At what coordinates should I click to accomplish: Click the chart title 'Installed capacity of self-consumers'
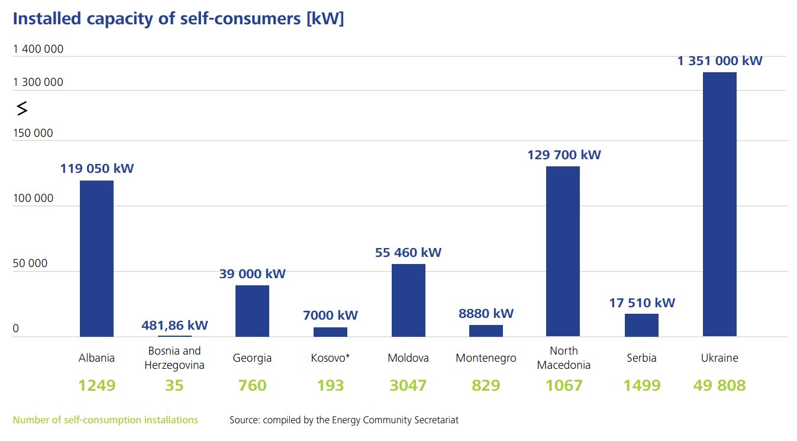click(x=178, y=18)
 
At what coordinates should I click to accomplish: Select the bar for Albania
click(x=96, y=259)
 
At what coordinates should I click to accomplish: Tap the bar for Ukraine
click(x=719, y=204)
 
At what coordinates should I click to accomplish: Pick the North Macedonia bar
click(x=563, y=252)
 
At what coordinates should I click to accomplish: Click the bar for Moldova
click(x=408, y=300)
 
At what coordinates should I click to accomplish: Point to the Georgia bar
click(x=252, y=311)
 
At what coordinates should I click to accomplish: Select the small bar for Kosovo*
click(x=330, y=332)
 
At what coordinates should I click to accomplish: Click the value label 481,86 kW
click(x=175, y=325)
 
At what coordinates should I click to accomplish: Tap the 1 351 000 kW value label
click(x=719, y=60)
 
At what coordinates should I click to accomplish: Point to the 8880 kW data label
click(x=486, y=313)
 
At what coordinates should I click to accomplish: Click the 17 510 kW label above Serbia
click(x=642, y=302)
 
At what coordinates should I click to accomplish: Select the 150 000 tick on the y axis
click(x=33, y=133)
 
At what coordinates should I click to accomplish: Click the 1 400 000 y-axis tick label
click(x=38, y=49)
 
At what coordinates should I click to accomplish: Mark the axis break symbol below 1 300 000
click(x=22, y=108)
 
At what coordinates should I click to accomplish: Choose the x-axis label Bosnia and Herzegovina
click(x=175, y=358)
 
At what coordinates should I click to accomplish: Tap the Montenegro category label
click(x=486, y=358)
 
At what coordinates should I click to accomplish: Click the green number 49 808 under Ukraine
click(x=719, y=385)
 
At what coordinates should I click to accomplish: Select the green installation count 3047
click(x=408, y=385)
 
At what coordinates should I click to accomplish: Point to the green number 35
click(x=175, y=385)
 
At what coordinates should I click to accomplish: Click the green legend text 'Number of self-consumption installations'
click(x=105, y=420)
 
